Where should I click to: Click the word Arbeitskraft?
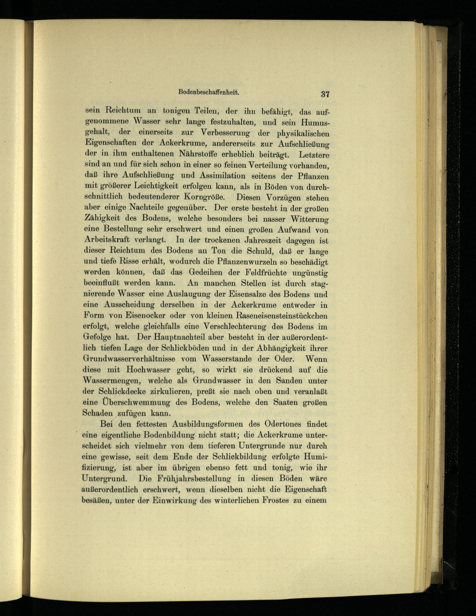[x=107, y=240]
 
